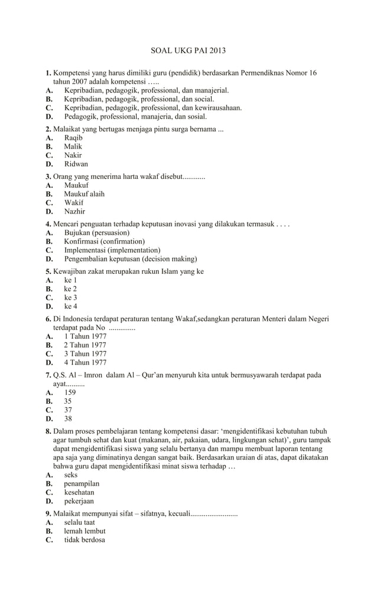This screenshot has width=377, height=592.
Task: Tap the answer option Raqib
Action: pos(73,138)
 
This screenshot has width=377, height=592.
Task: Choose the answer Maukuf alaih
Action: pos(84,194)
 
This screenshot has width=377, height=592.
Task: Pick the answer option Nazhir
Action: pos(74,211)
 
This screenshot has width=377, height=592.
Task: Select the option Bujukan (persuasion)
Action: pos(96,233)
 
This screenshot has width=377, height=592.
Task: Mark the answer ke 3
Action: pos(70,298)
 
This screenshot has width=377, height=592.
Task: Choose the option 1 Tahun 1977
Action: pos(85,336)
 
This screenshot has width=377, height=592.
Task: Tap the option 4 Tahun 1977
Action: pos(85,363)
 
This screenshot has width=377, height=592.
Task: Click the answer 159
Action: pos(70,393)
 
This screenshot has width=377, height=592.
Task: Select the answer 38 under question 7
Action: pos(68,419)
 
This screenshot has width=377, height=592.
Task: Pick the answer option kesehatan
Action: pos(79,492)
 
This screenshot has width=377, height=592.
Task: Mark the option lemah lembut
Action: pos(84,531)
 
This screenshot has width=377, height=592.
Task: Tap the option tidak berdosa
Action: pos(84,540)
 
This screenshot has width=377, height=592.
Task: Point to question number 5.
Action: pos(48,272)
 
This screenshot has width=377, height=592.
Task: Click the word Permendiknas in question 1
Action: pos(265,73)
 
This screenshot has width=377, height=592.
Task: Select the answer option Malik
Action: pos(73,146)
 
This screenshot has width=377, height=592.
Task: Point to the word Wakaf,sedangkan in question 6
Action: pos(204,319)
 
